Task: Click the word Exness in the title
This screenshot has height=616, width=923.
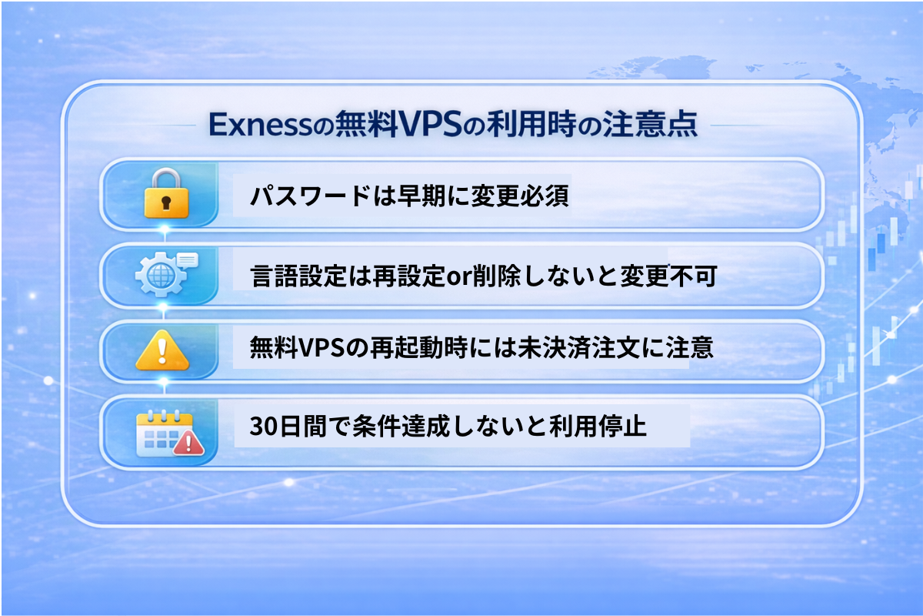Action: coord(261,124)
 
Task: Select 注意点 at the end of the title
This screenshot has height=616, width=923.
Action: coord(651,124)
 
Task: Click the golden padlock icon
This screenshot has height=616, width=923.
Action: coord(166,193)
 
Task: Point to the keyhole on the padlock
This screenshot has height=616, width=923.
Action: coord(166,203)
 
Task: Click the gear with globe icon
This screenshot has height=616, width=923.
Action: coord(160,274)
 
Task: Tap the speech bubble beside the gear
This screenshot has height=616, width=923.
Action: coord(188,260)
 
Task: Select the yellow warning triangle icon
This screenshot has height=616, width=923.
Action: coord(162,350)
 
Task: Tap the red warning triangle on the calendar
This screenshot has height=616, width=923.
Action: coord(188,443)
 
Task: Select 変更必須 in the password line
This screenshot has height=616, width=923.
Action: coord(521,195)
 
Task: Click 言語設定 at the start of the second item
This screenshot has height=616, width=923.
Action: coord(298,276)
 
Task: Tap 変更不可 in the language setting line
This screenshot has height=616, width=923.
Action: coord(668,276)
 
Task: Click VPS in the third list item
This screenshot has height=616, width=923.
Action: coord(321,347)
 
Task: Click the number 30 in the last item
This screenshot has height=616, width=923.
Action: coord(263,426)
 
